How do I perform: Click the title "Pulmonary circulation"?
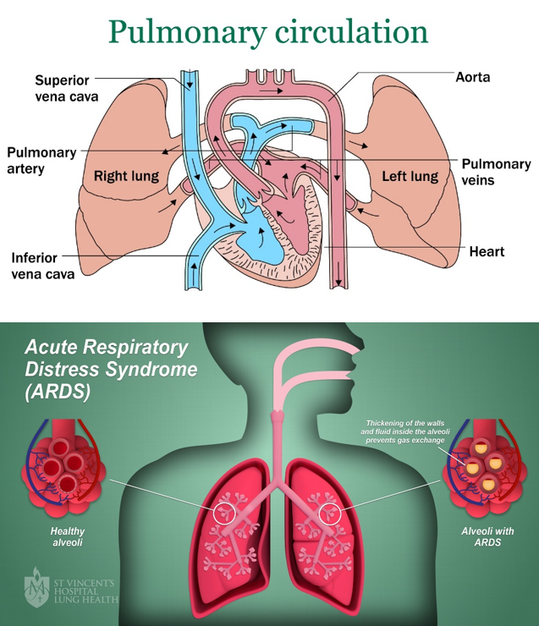coord(269,32)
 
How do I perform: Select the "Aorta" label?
coord(472,77)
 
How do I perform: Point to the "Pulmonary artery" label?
coord(41,161)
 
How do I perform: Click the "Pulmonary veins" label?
coord(496,172)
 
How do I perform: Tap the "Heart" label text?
coord(487,251)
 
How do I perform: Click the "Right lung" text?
coord(126,176)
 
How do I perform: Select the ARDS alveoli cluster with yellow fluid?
coord(480,469)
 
